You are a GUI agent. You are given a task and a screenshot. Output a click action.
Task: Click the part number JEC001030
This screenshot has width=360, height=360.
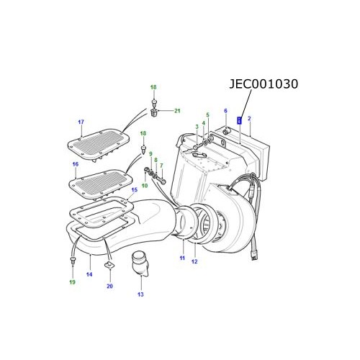coord(263,84)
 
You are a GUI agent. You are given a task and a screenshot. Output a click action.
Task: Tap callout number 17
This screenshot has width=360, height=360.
coord(81,122)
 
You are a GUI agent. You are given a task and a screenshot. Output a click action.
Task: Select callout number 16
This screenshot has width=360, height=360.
coord(75,165)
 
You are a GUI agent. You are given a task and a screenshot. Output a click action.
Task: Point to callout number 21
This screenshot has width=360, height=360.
coord(178,110)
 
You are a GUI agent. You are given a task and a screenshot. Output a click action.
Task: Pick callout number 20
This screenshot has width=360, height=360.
coord(109,287)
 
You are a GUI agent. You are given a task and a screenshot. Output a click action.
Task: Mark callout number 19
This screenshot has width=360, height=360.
coord(72,283)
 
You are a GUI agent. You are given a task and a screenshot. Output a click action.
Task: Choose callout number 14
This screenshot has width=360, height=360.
coord(89,274)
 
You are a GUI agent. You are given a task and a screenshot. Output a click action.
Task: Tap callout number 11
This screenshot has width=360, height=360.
coord(182,258)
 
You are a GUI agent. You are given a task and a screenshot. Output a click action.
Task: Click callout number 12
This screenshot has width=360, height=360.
coord(194,261)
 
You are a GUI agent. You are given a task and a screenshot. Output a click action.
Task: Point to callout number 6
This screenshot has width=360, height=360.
coord(225,111)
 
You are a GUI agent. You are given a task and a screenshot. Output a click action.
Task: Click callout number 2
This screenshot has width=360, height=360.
coord(249,117)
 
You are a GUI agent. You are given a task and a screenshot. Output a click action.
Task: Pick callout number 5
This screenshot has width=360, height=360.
coord(207,115)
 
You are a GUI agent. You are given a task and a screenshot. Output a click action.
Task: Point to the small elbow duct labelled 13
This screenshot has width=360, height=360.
coord(141,266)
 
